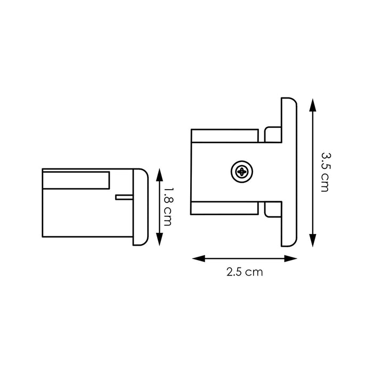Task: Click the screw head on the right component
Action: (241, 172)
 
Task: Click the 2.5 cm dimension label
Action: (245, 272)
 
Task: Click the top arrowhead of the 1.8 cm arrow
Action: (158, 173)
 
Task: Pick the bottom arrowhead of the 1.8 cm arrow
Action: (158, 242)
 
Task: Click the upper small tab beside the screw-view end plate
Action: (271, 134)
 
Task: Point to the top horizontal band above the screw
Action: (226, 136)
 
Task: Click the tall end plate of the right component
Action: (288, 172)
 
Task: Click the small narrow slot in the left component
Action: (123, 197)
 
